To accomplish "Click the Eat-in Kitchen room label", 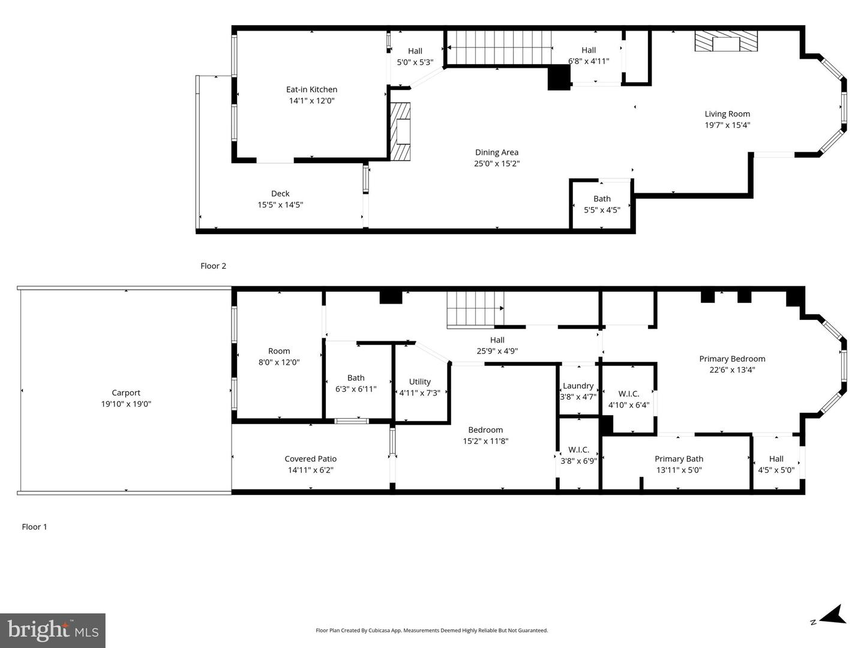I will pyautogui.click(x=311, y=89).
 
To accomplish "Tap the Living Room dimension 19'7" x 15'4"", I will pyautogui.click(x=727, y=125).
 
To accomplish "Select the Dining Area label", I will pyautogui.click(x=496, y=152).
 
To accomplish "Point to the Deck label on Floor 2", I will pyautogui.click(x=280, y=194).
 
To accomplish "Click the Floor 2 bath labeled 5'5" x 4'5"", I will pyautogui.click(x=602, y=204).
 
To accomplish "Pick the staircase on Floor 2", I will pyautogui.click(x=500, y=47).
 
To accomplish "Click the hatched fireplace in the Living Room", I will pyautogui.click(x=726, y=42).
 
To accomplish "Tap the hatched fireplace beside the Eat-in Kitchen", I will pyautogui.click(x=401, y=131).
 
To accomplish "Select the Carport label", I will pyautogui.click(x=126, y=393).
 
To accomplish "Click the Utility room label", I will pyautogui.click(x=420, y=382).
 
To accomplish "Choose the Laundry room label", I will pyautogui.click(x=578, y=386).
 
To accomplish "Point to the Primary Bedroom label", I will pyautogui.click(x=732, y=359).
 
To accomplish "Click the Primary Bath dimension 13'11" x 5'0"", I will pyautogui.click(x=679, y=470).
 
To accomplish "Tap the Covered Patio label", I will pyautogui.click(x=311, y=459).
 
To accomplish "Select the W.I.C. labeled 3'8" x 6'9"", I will pyautogui.click(x=578, y=455).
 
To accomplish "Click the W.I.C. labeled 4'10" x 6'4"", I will pyautogui.click(x=629, y=399).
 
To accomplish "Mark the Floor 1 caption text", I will pyautogui.click(x=34, y=527).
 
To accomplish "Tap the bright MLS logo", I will pyautogui.click(x=53, y=630).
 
